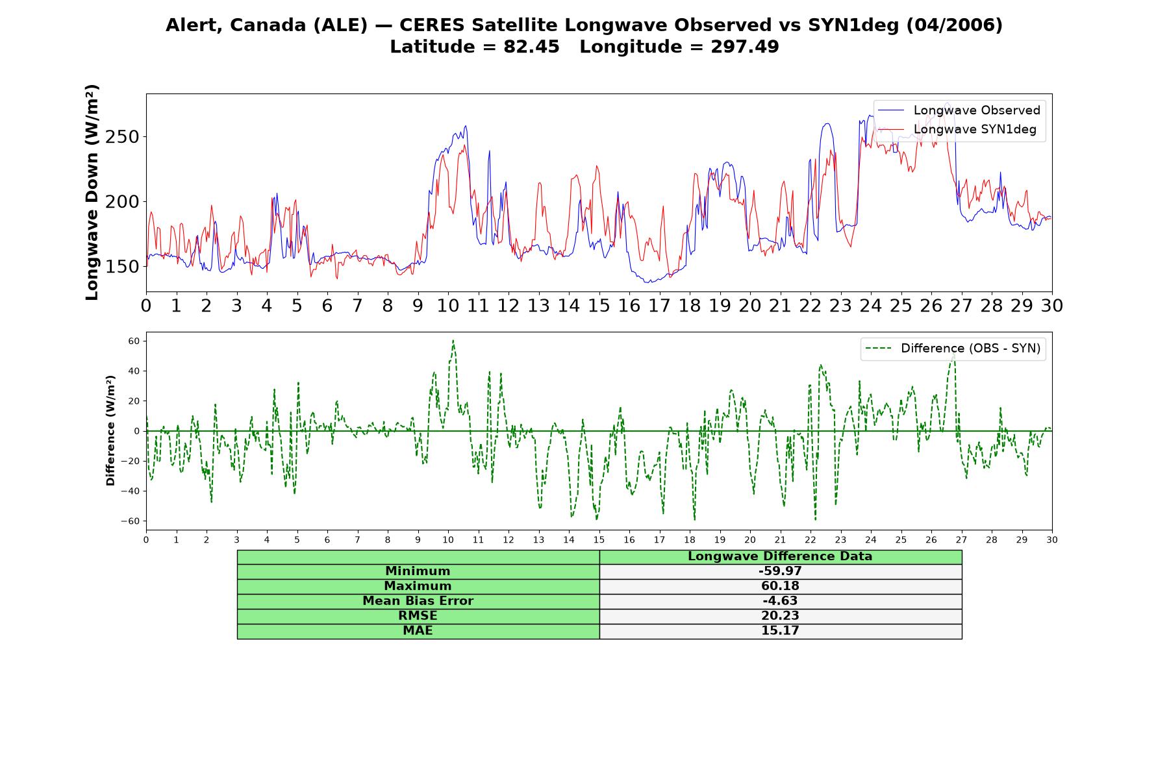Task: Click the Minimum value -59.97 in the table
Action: pos(780,571)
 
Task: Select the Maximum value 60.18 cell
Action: pos(780,586)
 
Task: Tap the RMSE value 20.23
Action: pos(780,616)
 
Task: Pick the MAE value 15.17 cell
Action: pos(780,631)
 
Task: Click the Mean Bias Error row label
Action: pos(418,601)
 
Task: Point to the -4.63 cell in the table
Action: pos(780,601)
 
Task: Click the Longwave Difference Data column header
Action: pos(780,556)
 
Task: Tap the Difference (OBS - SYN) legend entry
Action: pos(953,349)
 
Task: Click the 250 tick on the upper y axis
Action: pos(123,137)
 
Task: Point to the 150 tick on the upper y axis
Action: pos(123,267)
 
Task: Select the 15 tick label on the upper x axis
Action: pos(599,306)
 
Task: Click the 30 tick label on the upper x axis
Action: pos(1052,306)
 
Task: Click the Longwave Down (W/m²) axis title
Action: pos(92,192)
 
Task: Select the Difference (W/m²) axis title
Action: pos(110,430)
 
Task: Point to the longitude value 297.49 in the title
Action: pos(744,47)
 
